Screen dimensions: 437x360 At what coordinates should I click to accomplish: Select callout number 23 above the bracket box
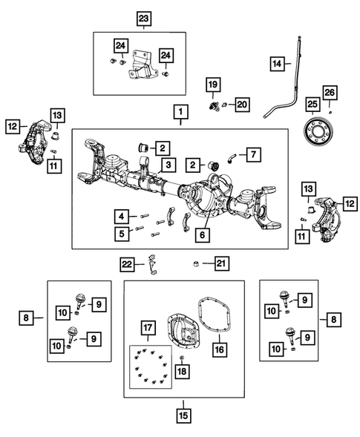click(x=143, y=18)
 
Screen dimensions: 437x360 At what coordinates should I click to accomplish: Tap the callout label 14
click(x=276, y=65)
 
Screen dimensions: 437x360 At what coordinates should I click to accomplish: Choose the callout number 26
click(x=330, y=92)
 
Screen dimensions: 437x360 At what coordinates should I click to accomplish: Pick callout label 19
click(x=212, y=86)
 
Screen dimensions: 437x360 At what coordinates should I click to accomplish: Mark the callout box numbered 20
click(x=241, y=105)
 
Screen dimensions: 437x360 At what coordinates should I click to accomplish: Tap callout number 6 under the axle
click(x=200, y=237)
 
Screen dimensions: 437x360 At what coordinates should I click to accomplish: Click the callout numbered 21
click(x=220, y=263)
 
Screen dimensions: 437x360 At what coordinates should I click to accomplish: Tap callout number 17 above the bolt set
click(x=147, y=326)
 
